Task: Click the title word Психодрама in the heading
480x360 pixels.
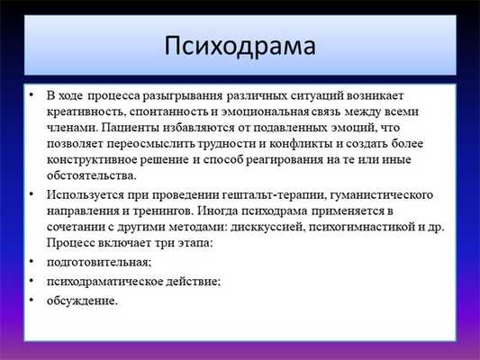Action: coord(240,45)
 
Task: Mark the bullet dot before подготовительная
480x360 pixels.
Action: coord(32,260)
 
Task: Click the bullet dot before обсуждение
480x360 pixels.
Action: coord(32,299)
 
